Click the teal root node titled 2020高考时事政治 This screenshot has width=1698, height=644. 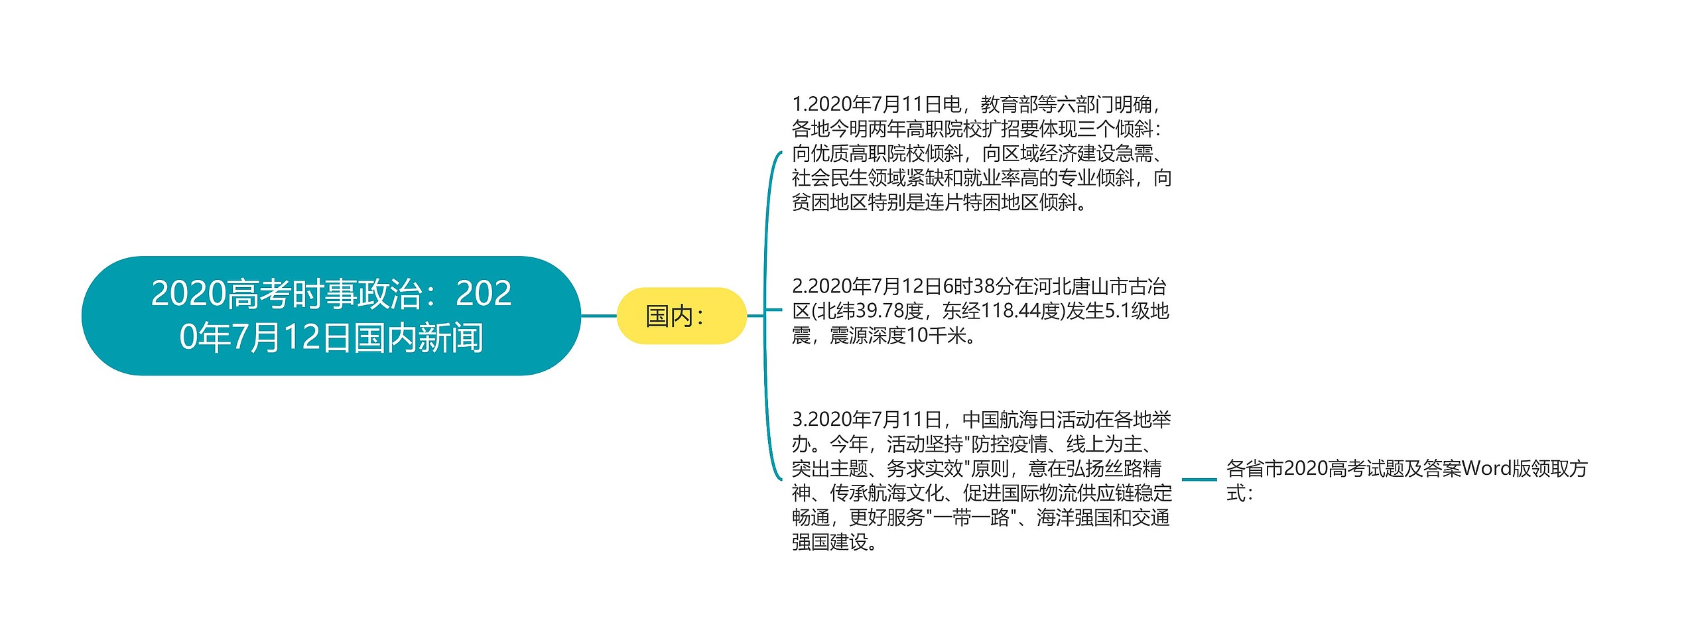(x=331, y=315)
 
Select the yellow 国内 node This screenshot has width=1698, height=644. (x=681, y=316)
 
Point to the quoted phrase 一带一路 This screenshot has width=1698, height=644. (x=971, y=517)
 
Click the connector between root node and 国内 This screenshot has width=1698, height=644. (x=598, y=316)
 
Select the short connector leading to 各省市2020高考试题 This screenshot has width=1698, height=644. (x=1199, y=479)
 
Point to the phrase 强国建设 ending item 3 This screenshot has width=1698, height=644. (x=830, y=542)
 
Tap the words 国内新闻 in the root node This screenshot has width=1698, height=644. (x=418, y=338)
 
